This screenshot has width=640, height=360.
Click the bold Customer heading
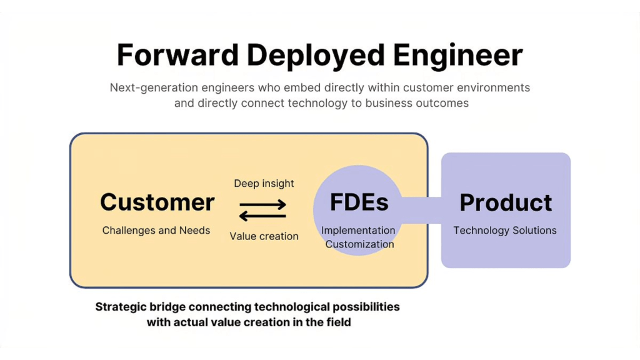click(157, 202)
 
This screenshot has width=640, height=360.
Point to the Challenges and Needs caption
click(156, 231)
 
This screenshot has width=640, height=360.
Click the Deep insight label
click(264, 183)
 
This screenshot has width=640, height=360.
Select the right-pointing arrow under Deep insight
click(263, 204)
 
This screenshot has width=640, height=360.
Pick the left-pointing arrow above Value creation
click(263, 216)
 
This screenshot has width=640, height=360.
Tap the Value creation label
click(264, 236)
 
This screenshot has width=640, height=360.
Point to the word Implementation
click(358, 231)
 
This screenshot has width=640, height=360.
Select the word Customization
click(359, 244)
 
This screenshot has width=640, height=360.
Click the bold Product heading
click(506, 202)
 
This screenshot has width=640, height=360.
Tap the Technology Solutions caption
click(505, 231)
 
